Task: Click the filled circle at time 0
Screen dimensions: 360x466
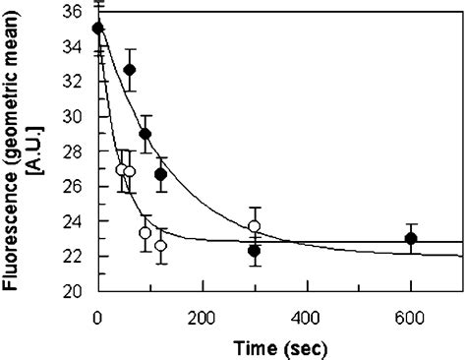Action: click(97, 28)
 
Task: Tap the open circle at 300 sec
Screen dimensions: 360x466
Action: click(255, 226)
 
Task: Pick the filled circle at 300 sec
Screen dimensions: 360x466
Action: click(254, 251)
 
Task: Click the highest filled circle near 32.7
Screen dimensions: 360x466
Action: click(130, 69)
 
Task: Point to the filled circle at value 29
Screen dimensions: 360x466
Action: click(146, 134)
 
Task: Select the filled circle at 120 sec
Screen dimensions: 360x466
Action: click(161, 174)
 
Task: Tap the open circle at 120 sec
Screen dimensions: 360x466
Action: click(161, 245)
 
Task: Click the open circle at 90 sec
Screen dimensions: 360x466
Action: click(146, 233)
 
